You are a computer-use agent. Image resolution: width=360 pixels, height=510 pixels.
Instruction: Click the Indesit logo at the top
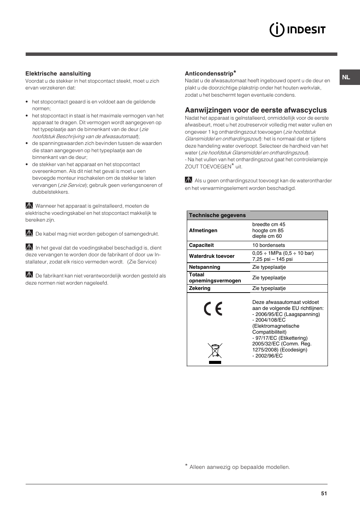[297, 30]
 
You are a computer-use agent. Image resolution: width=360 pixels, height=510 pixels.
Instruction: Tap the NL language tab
[346, 77]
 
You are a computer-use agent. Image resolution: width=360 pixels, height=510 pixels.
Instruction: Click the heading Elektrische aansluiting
[58, 74]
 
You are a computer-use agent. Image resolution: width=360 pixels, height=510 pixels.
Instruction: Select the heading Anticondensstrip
[209, 74]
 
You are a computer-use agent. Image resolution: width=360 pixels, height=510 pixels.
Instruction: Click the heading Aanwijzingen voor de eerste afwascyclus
[255, 110]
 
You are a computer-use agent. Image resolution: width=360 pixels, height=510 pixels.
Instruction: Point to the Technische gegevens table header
[217, 215]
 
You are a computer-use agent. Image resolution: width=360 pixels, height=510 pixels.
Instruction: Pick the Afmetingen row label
[203, 230]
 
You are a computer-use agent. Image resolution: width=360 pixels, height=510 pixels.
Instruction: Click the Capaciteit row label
[201, 245]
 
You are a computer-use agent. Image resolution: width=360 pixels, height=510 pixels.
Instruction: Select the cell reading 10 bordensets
[268, 245]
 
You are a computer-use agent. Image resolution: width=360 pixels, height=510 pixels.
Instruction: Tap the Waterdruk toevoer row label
[211, 256]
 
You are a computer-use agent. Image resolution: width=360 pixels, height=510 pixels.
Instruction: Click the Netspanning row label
[204, 267]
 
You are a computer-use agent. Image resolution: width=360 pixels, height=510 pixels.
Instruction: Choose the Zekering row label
[200, 288]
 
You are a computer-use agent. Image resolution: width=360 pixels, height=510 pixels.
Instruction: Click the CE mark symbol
[213, 309]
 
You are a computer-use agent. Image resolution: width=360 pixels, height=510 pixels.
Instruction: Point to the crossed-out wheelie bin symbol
[215, 351]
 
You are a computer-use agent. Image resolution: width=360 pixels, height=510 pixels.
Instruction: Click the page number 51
[324, 493]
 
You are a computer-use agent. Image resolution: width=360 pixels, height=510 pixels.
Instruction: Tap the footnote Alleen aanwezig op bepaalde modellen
[239, 467]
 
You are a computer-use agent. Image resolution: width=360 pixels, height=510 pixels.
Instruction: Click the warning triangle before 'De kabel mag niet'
[29, 233]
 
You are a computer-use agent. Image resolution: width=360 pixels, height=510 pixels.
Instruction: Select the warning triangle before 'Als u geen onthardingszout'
[188, 180]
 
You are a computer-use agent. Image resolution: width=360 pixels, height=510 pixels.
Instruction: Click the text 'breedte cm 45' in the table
[269, 224]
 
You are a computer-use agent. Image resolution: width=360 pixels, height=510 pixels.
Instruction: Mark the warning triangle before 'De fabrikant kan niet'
[29, 275]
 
